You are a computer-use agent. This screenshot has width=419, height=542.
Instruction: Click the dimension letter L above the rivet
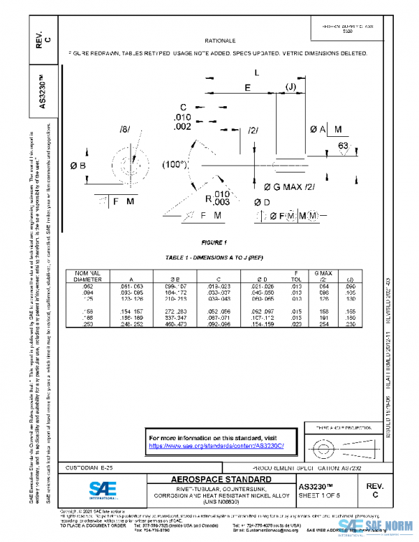tap(257, 72)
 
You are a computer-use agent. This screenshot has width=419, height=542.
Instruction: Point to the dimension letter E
tap(248, 87)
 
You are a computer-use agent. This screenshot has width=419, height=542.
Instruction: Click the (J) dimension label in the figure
tap(291, 87)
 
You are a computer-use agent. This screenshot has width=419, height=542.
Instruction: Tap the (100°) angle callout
tap(175, 165)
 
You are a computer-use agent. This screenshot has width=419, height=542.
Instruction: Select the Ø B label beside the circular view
tap(78, 166)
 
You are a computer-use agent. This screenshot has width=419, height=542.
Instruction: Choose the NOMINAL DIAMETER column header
tap(88, 275)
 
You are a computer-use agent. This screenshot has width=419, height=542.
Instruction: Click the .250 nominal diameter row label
tap(87, 324)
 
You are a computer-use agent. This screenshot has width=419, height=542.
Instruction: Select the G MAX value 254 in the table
tap(322, 324)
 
